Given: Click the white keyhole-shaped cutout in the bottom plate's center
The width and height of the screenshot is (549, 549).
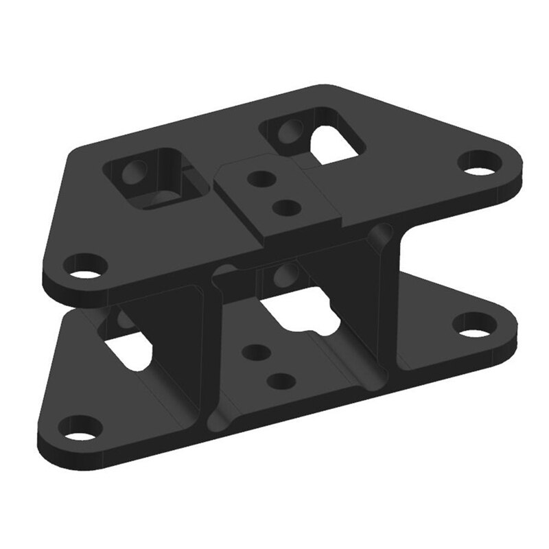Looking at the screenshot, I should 302,312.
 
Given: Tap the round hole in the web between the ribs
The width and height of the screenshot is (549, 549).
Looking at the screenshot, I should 281,274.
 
